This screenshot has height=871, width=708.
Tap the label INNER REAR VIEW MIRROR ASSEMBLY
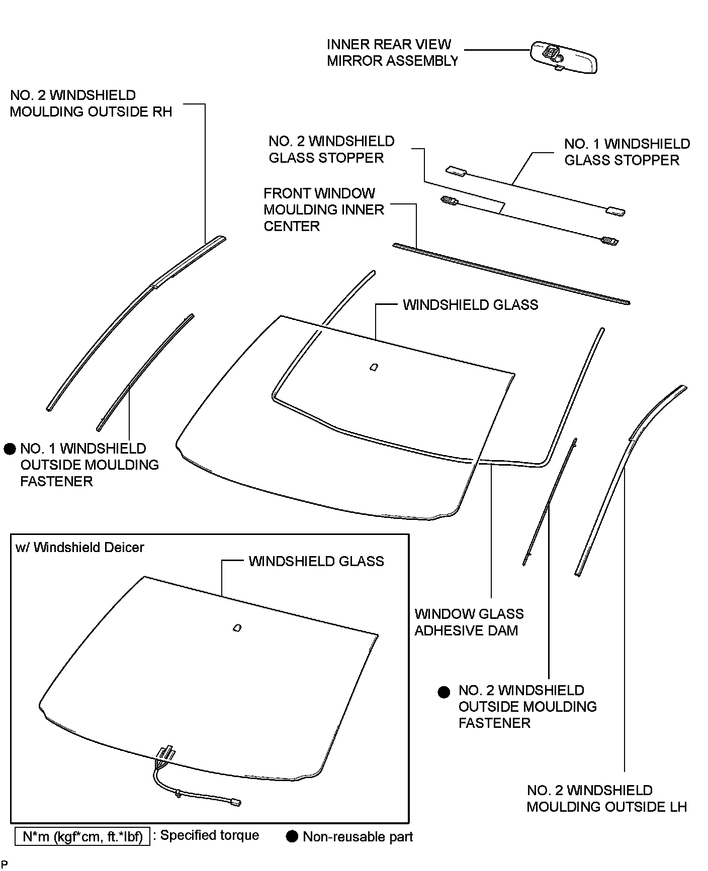[392, 53]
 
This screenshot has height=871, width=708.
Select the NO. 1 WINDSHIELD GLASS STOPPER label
[627, 152]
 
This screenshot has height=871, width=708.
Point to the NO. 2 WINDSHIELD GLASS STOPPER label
[331, 150]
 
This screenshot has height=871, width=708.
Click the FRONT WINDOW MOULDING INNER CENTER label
[324, 210]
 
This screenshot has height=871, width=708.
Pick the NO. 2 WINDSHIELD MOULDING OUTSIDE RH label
[91, 103]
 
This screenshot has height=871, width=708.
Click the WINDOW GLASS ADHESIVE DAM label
[469, 622]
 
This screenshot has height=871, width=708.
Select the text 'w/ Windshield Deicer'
[80, 548]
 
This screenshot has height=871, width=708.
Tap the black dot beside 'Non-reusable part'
[292, 837]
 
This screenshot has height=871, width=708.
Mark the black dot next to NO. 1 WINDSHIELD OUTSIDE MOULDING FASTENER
[10, 449]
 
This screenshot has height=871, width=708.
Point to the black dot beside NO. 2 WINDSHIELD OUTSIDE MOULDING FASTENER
[444, 692]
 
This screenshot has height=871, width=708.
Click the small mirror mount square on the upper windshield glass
[374, 367]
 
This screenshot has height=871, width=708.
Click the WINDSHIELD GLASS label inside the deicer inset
[316, 562]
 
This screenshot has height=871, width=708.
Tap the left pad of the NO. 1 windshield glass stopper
[457, 171]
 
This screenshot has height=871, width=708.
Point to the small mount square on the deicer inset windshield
[237, 628]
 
